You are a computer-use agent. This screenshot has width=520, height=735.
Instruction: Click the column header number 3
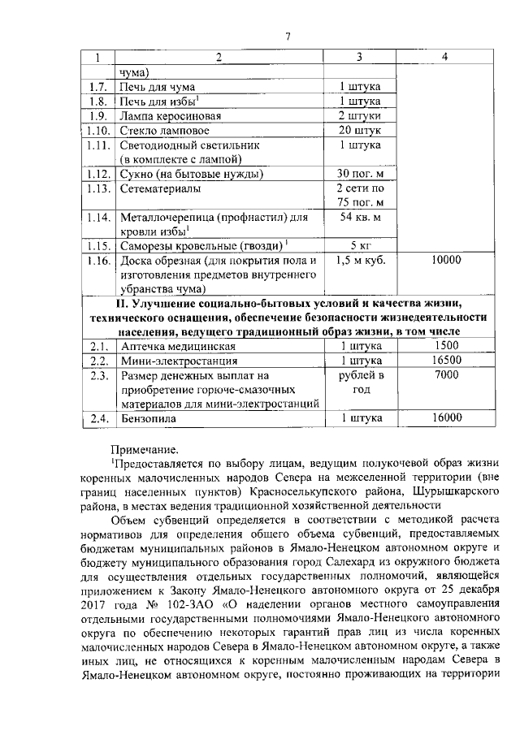(359, 58)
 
